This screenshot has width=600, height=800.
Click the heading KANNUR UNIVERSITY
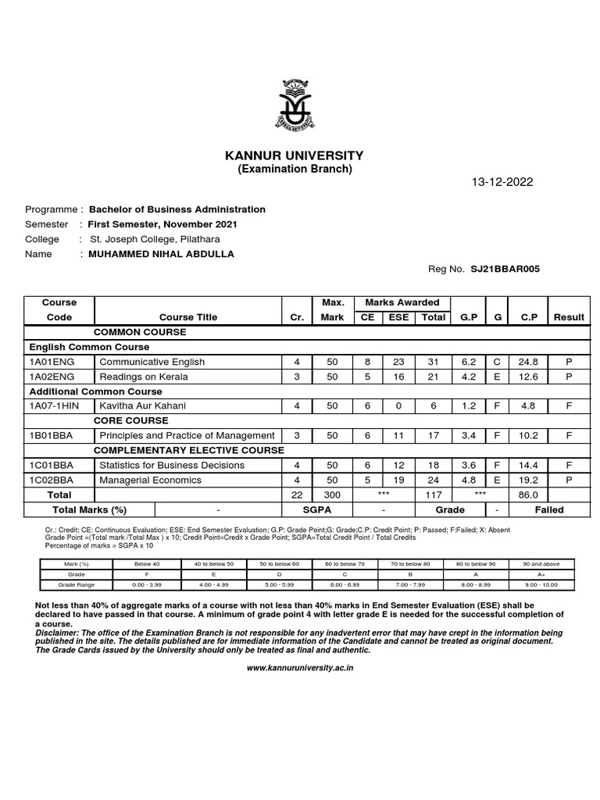point(295,155)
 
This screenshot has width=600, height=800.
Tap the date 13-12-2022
point(502,182)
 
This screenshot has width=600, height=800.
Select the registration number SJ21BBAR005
point(505,269)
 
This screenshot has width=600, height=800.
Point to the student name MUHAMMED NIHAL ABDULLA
point(161,254)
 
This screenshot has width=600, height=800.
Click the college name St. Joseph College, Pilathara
point(155,239)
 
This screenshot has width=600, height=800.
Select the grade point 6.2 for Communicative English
point(469,361)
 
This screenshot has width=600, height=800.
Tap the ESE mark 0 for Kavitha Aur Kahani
point(398,405)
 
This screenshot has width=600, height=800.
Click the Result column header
point(568,317)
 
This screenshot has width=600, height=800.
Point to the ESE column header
point(398,317)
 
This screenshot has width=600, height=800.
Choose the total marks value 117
point(434,495)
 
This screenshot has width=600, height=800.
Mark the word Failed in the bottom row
point(548,509)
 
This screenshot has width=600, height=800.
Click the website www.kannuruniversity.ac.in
point(300,668)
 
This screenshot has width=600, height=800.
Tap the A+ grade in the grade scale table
point(542,573)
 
